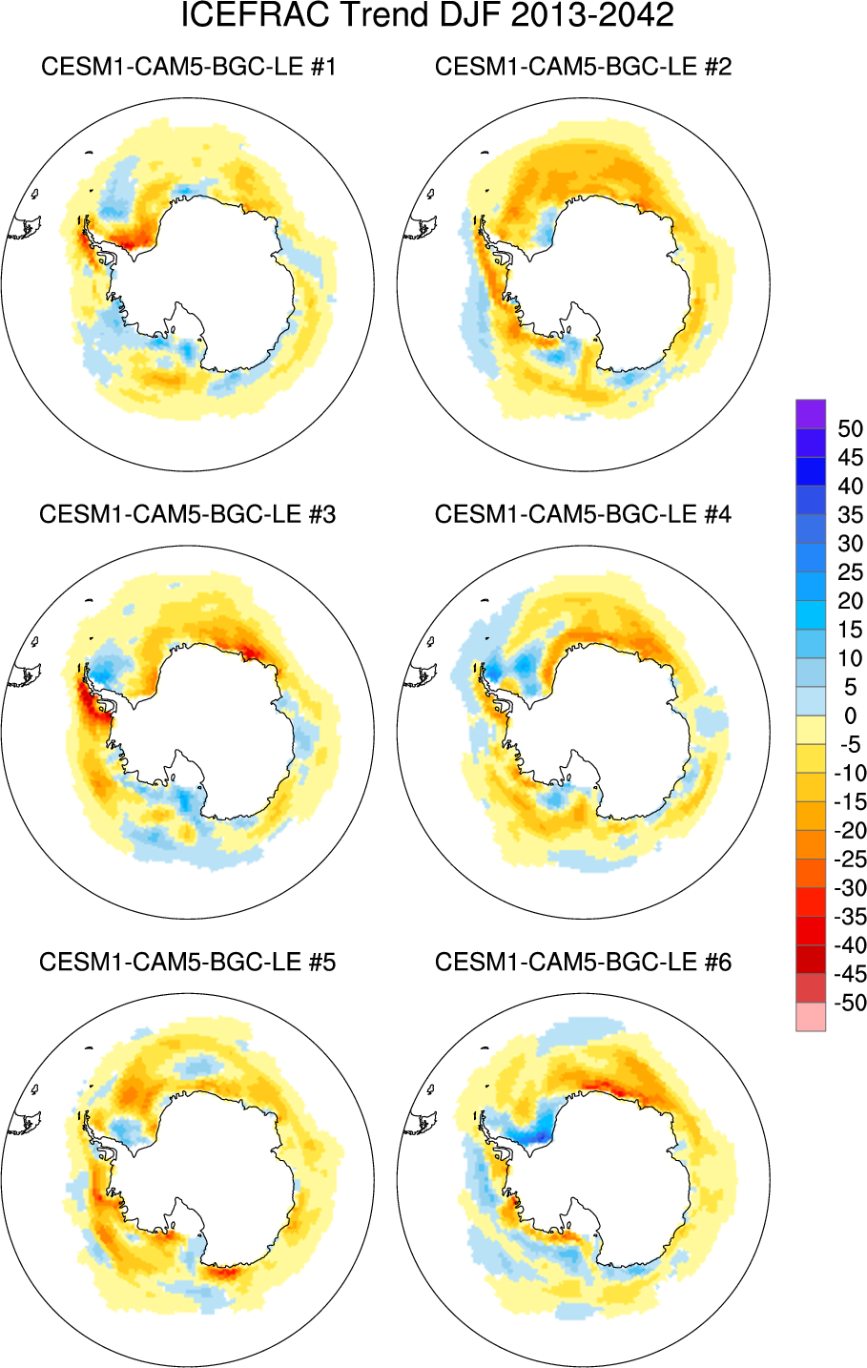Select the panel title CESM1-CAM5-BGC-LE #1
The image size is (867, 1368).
188,67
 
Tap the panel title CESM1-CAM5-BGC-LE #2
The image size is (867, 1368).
583,67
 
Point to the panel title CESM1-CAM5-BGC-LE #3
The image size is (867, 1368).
188,514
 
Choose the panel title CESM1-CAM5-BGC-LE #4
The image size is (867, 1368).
583,514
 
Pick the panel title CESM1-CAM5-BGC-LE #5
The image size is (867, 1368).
188,962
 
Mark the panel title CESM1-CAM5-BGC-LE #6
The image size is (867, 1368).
583,962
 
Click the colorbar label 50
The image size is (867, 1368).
850,429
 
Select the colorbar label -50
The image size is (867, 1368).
848,1003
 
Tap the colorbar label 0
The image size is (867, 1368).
851,716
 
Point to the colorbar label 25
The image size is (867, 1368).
850,572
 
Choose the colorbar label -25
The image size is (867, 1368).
848,860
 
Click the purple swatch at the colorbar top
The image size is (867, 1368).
811,414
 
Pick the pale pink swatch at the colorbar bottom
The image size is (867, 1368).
811,1017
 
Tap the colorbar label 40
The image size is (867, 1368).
850,487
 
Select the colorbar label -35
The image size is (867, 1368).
848,917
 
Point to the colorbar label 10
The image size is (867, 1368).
850,658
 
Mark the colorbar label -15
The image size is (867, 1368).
848,802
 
